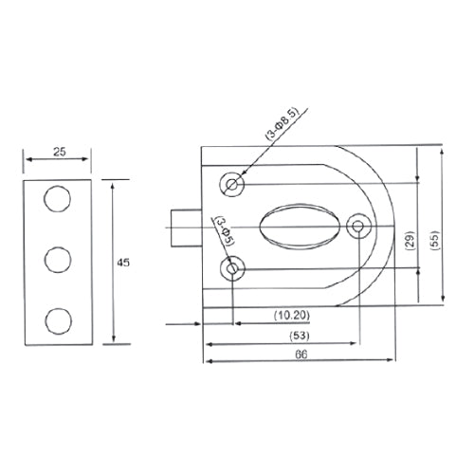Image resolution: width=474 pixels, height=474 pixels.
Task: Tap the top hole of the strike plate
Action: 57,200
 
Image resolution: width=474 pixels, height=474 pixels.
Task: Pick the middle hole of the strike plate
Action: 57,259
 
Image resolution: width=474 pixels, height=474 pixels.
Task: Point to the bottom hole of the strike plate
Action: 57,319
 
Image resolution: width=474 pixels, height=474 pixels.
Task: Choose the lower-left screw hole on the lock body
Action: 232,269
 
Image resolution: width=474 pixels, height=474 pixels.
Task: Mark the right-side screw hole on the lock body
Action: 359,227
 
